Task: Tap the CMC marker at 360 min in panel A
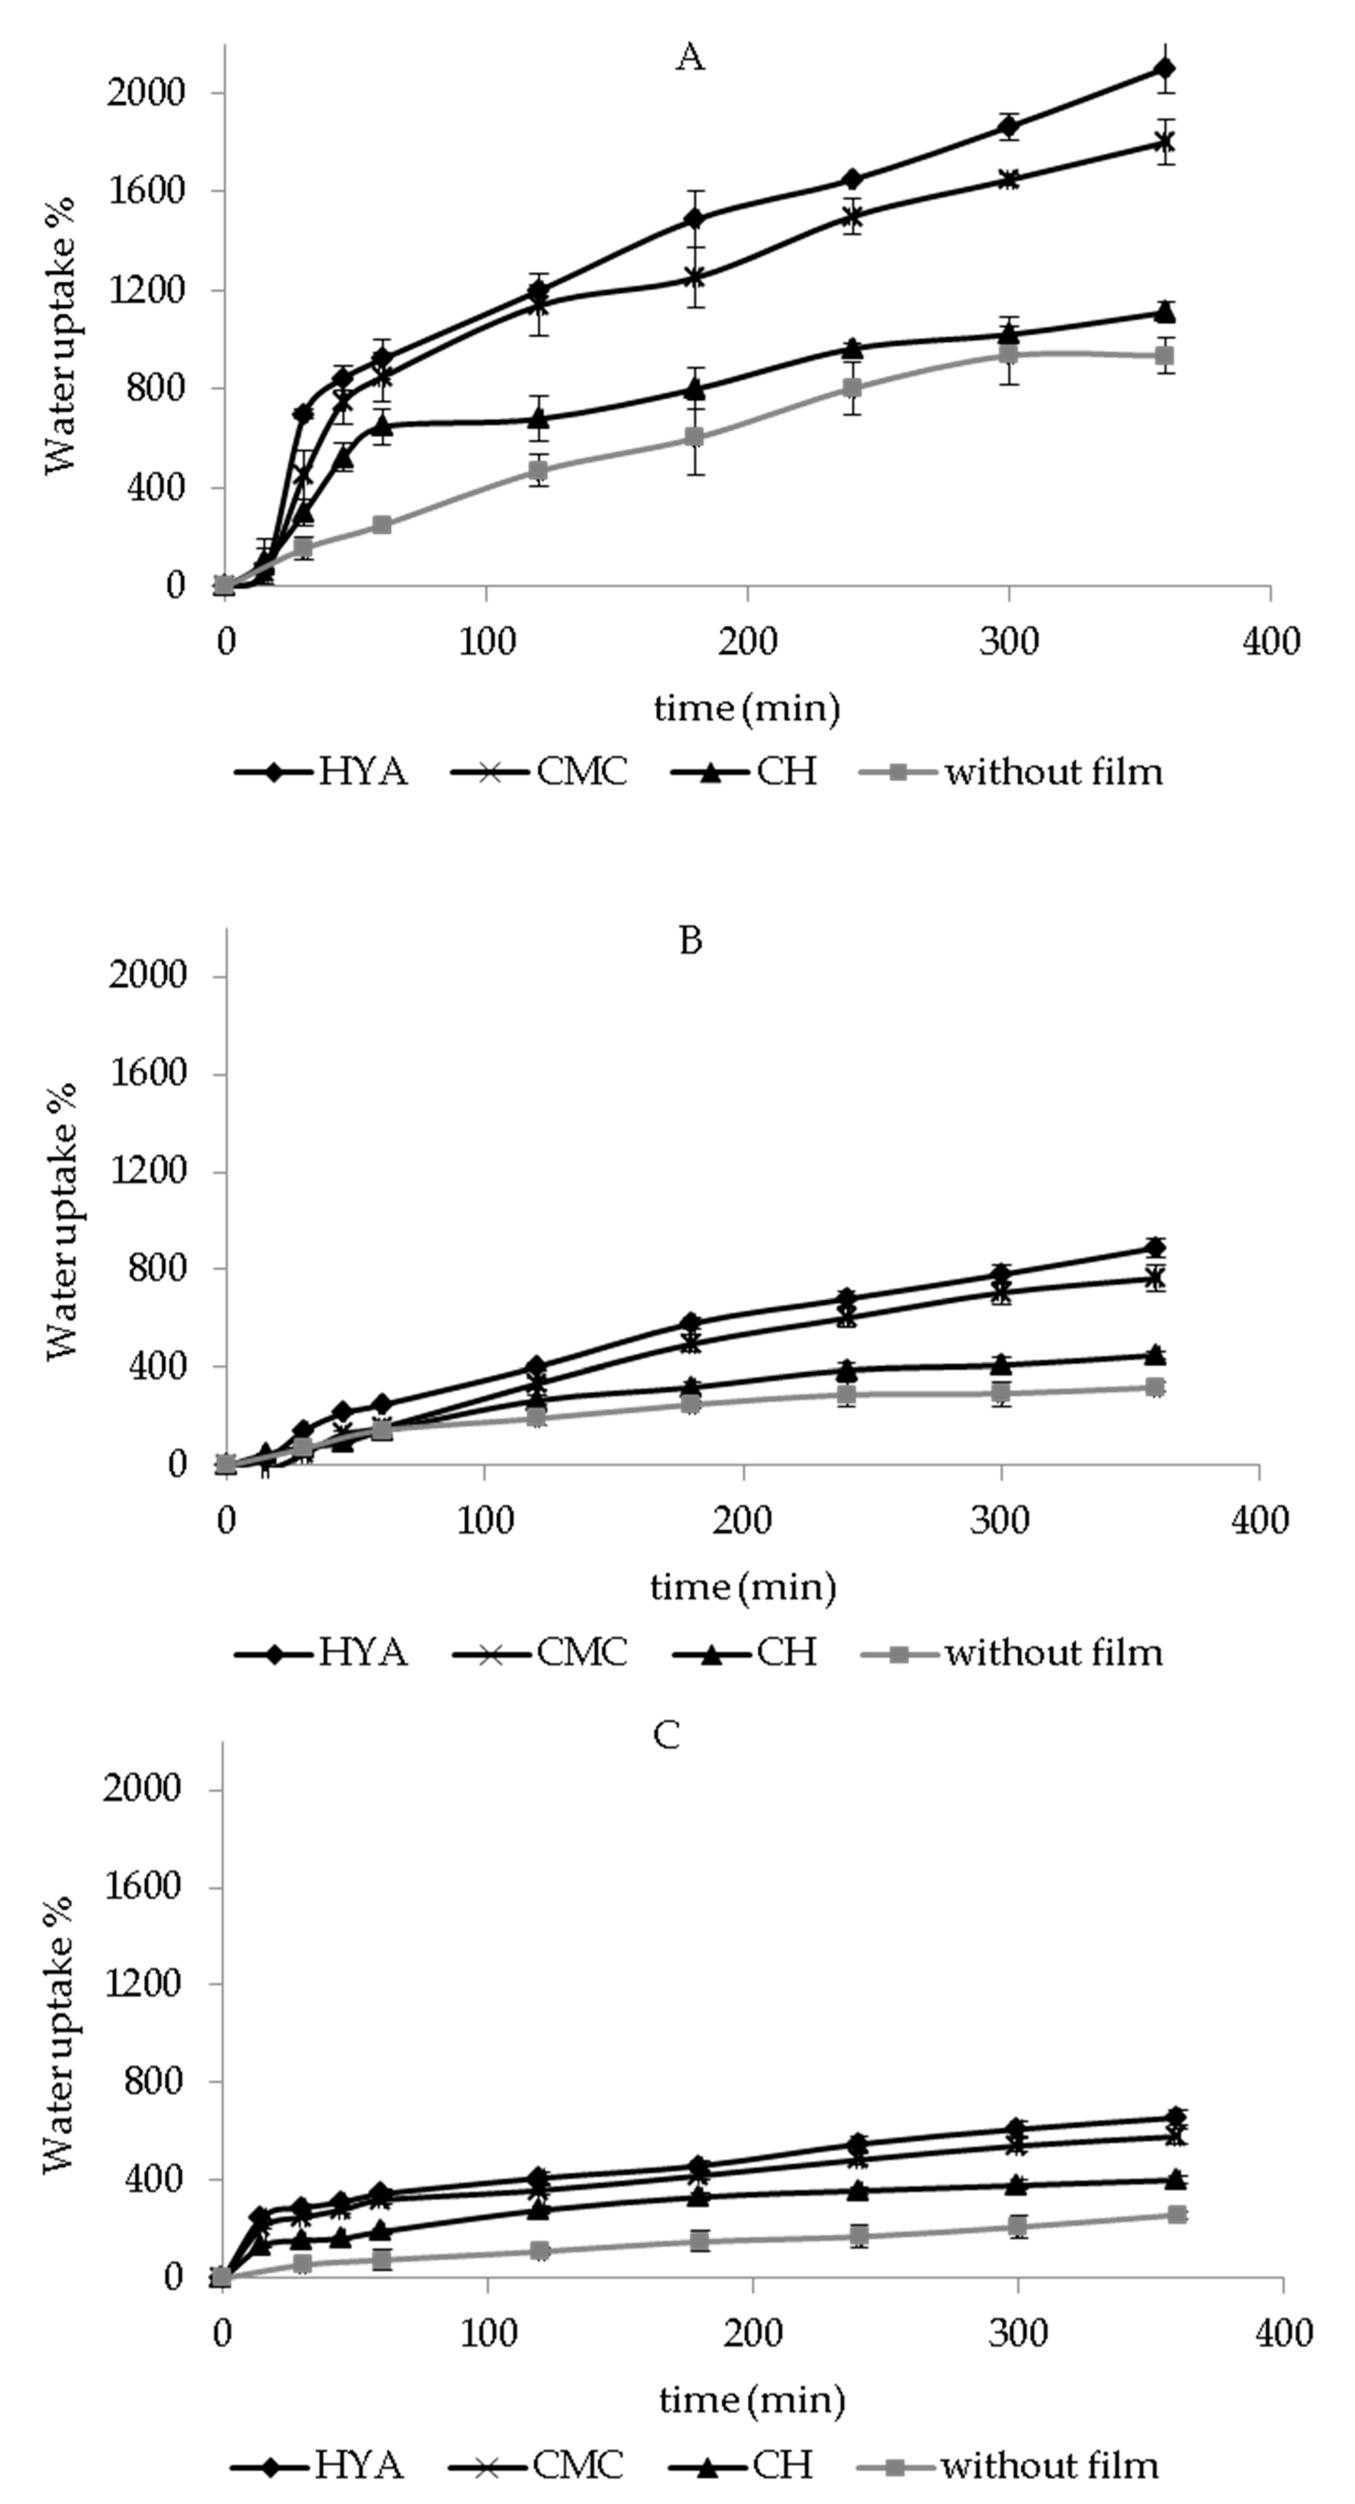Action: (x=1165, y=142)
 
